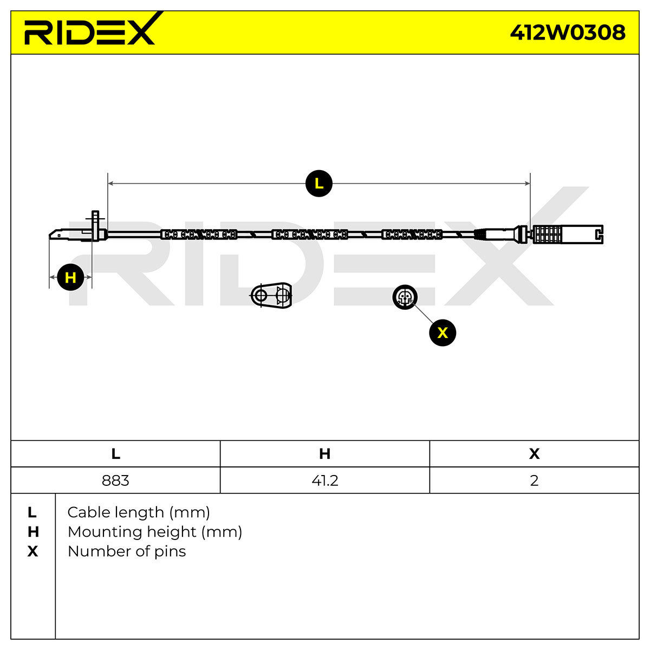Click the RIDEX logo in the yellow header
[90, 30]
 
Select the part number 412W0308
[567, 32]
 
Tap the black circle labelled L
[318, 184]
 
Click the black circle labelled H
[70, 277]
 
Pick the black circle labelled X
[442, 333]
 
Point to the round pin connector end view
[405, 297]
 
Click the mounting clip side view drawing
[271, 296]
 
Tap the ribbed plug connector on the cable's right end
[568, 234]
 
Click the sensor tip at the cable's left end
[78, 233]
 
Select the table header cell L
[115, 454]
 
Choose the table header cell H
[324, 454]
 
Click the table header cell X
[534, 454]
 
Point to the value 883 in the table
[115, 480]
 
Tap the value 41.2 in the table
[324, 480]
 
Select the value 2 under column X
[534, 480]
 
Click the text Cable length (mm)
[139, 512]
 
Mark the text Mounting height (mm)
[155, 532]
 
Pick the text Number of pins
[127, 551]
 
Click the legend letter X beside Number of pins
[32, 551]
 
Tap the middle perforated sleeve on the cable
[310, 234]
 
